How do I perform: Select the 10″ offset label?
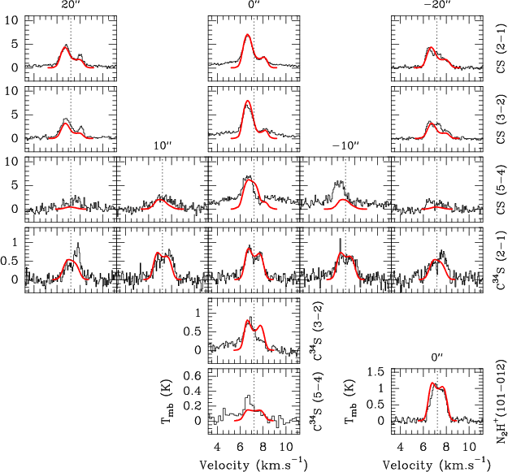pos(163,145)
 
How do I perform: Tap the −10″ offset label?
pos(345,145)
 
